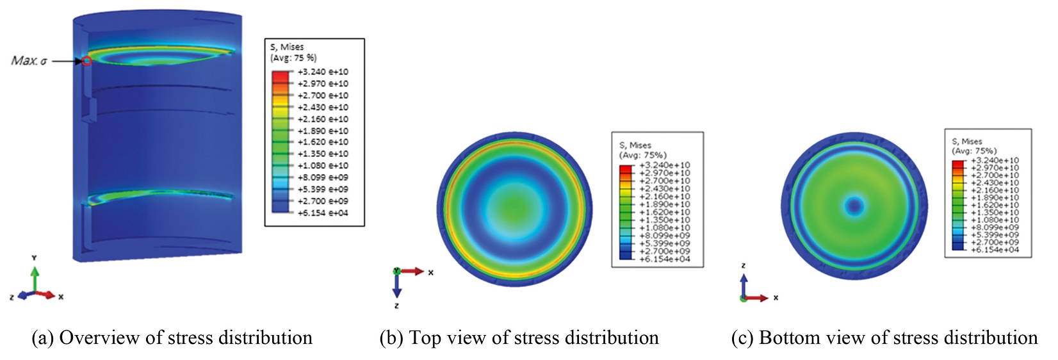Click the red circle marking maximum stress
pyautogui.click(x=86, y=61)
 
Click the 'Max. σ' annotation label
pyautogui.click(x=29, y=61)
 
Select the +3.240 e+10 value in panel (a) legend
pyautogui.click(x=323, y=72)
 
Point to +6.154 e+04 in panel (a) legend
pyautogui.click(x=323, y=213)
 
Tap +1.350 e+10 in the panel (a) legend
pyautogui.click(x=323, y=154)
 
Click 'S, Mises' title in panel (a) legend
pyautogui.click(x=287, y=47)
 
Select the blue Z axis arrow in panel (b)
pyautogui.click(x=396, y=287)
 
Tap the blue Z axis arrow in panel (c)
pyautogui.click(x=744, y=284)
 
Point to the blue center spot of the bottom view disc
pyautogui.click(x=854, y=206)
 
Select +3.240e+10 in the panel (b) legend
pyautogui.click(x=665, y=166)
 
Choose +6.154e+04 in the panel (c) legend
pyautogui.click(x=995, y=250)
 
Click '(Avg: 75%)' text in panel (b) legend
pyautogui.click(x=642, y=155)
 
